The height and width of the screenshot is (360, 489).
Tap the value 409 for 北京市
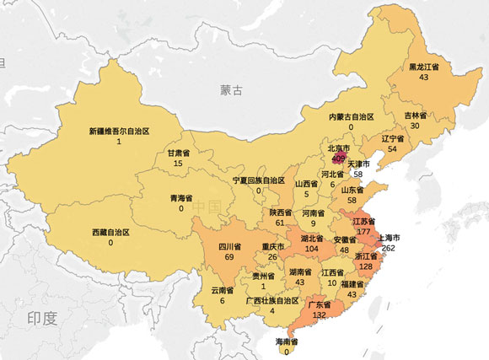339,156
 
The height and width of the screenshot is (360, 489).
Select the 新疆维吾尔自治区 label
119,132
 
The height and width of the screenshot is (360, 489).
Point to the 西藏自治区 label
110,231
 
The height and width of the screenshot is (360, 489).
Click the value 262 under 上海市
388,249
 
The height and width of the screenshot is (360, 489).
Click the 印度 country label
41,317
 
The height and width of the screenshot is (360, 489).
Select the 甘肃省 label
178,153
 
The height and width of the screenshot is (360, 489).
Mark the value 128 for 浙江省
365,266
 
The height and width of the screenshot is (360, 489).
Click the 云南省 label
222,288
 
